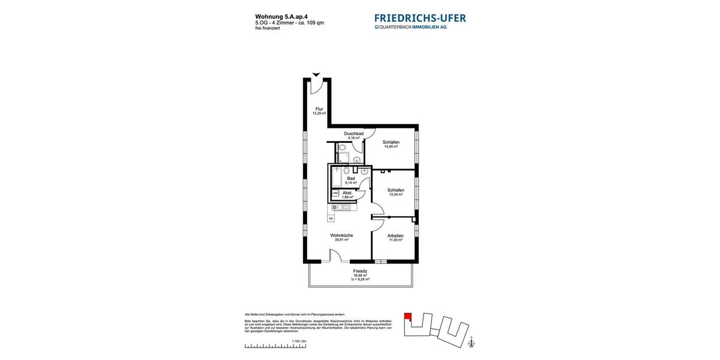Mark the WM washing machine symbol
click(x=335, y=193)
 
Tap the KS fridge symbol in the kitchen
click(x=331, y=219)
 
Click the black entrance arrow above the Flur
click(x=316, y=75)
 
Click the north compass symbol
click(x=472, y=343)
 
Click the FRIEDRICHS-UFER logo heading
click(x=420, y=18)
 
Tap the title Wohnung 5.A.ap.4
click(x=277, y=17)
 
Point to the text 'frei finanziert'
click(x=268, y=28)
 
